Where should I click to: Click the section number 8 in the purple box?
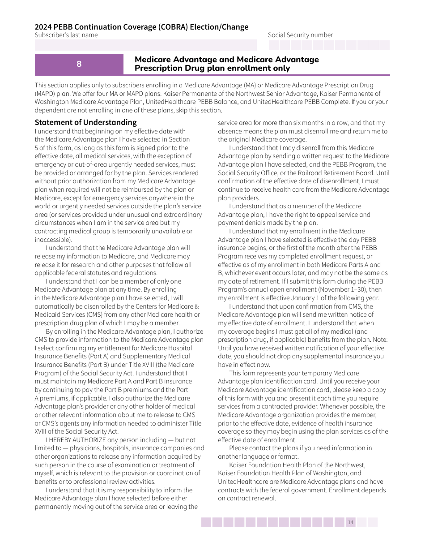point(79,64)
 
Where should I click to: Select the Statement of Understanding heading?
point(85,122)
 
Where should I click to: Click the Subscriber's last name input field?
point(145,45)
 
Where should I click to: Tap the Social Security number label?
point(300,35)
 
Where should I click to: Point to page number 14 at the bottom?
point(350,522)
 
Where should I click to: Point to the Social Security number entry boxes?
point(329,45)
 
